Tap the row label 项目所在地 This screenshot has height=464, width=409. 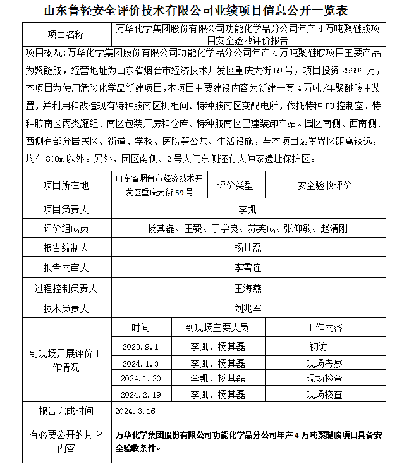coord(66,186)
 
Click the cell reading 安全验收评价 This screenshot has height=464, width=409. coord(324,186)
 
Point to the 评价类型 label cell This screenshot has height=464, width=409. coord(235,186)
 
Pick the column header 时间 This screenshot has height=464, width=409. coord(141,327)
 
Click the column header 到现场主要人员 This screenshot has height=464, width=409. coord(217,327)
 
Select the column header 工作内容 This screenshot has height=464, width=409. coord(324,327)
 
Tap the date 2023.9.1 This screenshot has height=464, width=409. coord(141,347)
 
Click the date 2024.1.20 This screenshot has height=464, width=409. coord(141,379)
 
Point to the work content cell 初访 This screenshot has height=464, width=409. coord(319,347)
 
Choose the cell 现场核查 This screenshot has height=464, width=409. coord(324,394)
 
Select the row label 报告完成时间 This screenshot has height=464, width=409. coord(66,411)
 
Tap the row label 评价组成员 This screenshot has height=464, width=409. coord(66,228)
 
